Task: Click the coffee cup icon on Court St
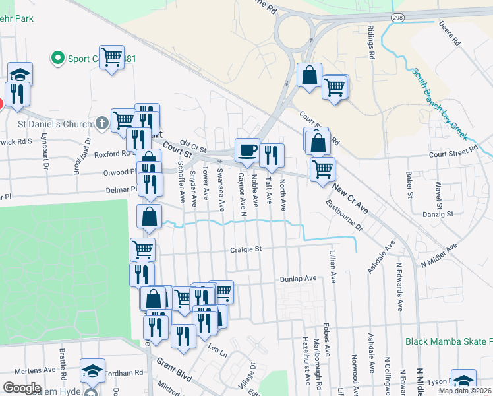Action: coord(247,150)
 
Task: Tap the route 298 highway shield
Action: coord(397,16)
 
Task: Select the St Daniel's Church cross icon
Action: coord(101,123)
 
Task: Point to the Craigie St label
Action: coord(246,249)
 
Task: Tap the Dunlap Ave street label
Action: coord(299,279)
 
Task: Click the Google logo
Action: coord(22,387)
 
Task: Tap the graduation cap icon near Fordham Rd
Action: coord(92,372)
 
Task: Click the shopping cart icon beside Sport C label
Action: coord(111,57)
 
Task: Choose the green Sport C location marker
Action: coord(57,58)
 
